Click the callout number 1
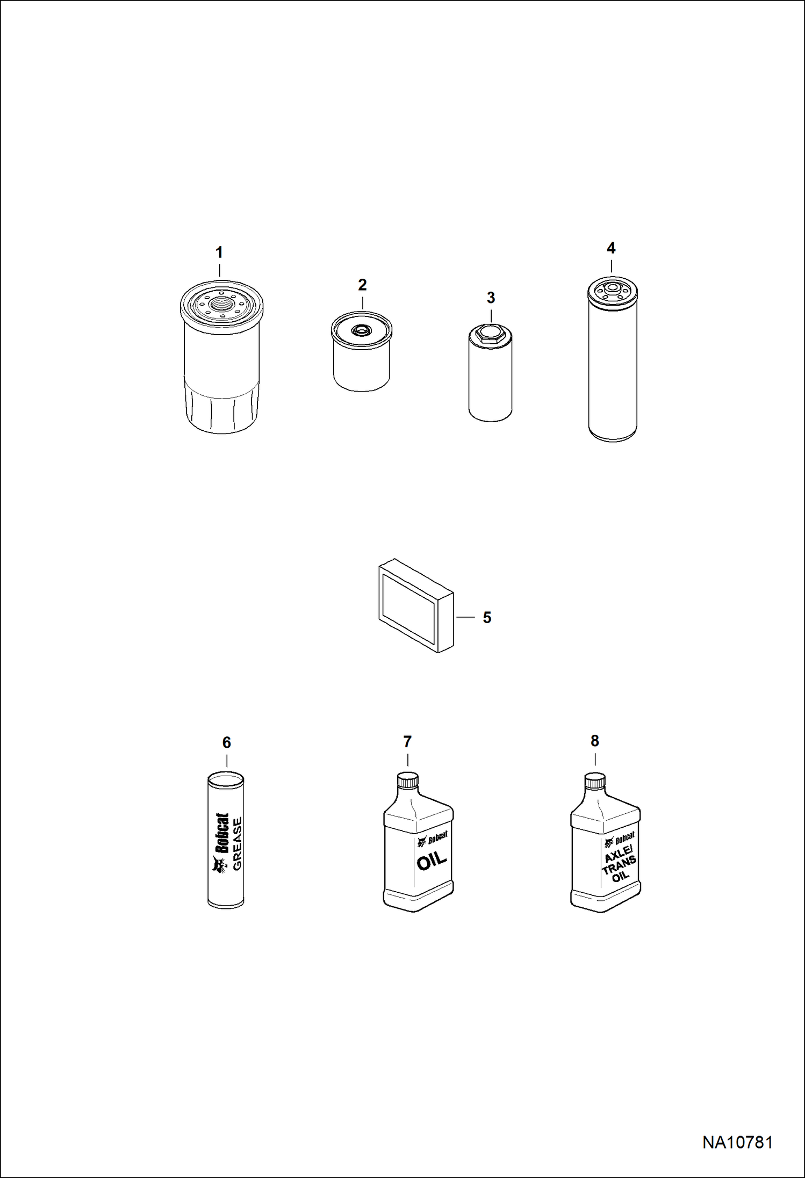(219, 252)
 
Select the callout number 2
(362, 285)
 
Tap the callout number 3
(491, 298)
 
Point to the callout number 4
(611, 248)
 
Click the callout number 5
(487, 617)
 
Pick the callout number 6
(227, 742)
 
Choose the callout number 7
(407, 742)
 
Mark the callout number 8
(594, 741)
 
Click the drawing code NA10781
(737, 1142)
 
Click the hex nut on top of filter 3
(490, 334)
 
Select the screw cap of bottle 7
(407, 780)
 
